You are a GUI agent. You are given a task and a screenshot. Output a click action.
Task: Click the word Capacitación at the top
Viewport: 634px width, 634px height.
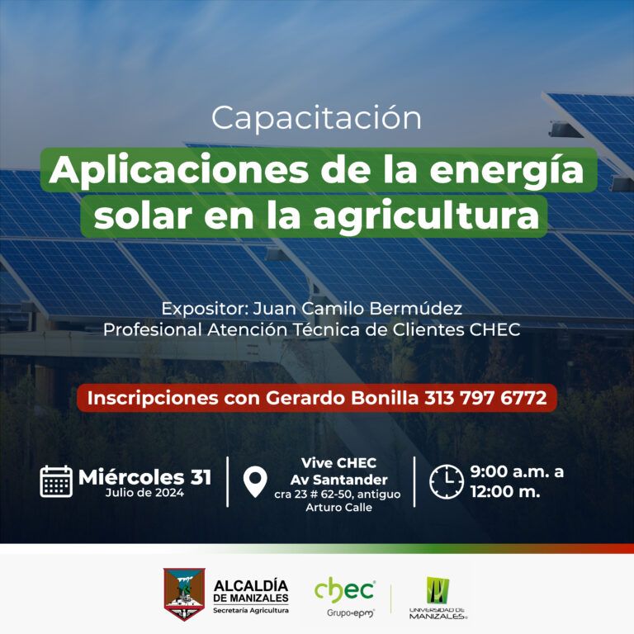(x=316, y=118)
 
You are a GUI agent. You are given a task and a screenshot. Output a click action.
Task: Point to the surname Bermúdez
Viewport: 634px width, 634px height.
(x=416, y=309)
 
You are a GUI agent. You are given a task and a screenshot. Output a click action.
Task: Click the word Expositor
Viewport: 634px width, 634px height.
(x=205, y=310)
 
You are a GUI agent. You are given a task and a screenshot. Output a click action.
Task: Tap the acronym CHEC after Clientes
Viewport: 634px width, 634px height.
(x=494, y=330)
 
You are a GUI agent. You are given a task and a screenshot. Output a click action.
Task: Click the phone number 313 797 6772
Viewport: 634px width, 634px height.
(x=485, y=398)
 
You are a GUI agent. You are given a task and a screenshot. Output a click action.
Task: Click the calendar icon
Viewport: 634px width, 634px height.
(x=56, y=481)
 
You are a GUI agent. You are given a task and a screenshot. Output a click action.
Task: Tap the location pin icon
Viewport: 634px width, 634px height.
(x=255, y=482)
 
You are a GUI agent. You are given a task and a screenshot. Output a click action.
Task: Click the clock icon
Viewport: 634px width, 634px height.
(x=447, y=481)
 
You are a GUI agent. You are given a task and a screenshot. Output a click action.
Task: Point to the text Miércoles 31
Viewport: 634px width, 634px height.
(x=144, y=477)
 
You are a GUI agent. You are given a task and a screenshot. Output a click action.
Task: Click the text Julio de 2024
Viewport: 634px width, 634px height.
(x=144, y=493)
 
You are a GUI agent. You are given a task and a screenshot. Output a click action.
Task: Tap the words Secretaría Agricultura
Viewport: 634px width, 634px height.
(x=251, y=611)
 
